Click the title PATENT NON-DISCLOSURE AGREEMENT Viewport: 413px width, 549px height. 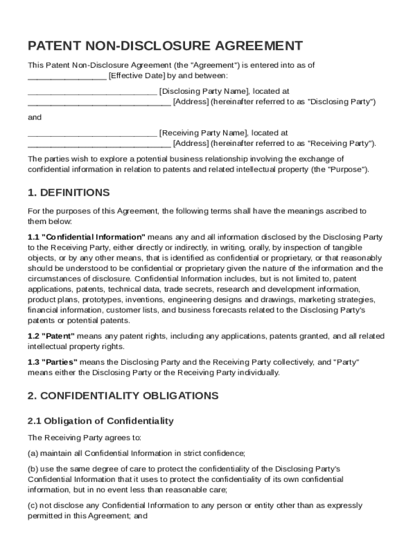[165, 46]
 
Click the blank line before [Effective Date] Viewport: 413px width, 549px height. [67, 76]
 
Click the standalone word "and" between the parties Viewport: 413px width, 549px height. [34, 117]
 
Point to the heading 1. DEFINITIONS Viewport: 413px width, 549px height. [69, 192]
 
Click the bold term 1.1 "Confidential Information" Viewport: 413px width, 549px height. [86, 237]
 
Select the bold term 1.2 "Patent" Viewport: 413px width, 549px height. [51, 336]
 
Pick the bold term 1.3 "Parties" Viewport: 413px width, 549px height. [53, 362]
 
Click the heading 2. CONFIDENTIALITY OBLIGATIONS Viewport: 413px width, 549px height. [123, 396]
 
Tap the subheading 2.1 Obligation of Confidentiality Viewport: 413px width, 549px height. [100, 421]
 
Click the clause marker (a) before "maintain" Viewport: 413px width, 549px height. [33, 453]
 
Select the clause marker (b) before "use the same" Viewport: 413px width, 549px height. [33, 469]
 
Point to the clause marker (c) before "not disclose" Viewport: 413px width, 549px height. [33, 505]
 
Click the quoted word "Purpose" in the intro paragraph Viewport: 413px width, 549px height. [350, 169]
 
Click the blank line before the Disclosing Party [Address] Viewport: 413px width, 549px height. [99, 101]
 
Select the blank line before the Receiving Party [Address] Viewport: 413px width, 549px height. [99, 143]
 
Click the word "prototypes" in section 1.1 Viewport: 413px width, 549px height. [104, 300]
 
